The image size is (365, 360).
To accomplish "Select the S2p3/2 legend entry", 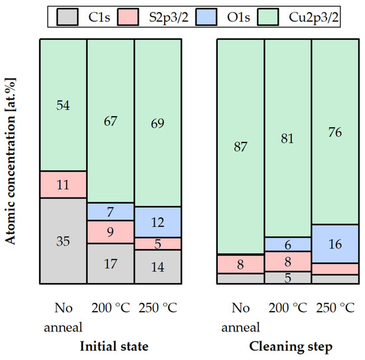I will coord(153,16).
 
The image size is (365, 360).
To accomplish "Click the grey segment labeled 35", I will coord(63,241).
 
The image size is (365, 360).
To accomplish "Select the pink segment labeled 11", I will coord(63,184).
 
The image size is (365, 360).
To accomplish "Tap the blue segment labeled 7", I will coord(110,211).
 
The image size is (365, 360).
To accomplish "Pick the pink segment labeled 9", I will coord(110,232).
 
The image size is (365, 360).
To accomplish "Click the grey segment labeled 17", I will coord(110,264).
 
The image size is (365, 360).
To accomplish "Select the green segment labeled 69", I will coord(157,123).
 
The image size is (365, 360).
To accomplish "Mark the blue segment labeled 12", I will coord(157,221).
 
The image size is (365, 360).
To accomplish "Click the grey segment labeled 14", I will coord(157,267).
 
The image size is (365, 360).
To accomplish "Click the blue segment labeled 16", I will coord(335,243).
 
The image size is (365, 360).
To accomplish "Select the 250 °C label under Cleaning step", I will coord(335,308).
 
